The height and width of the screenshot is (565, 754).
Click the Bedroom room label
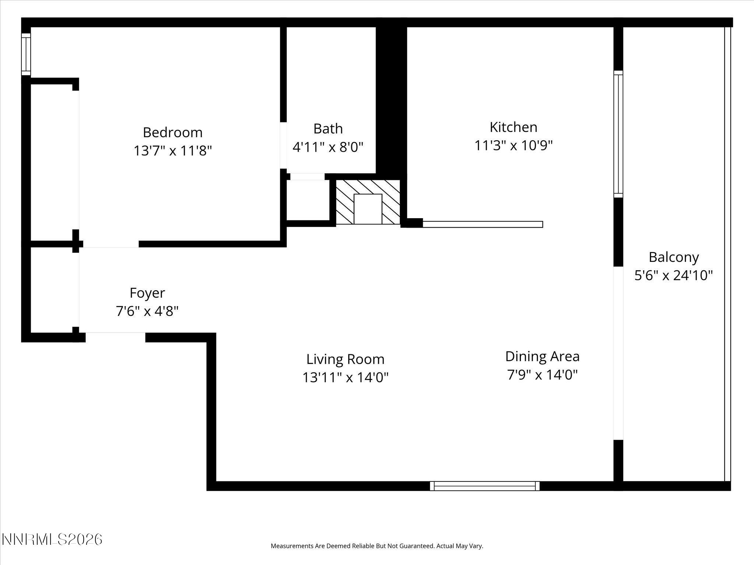[x=172, y=132]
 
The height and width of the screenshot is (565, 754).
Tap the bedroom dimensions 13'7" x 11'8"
[x=172, y=151]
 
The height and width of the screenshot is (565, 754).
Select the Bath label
[x=328, y=129]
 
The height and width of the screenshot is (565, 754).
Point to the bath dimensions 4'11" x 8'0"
[x=328, y=147]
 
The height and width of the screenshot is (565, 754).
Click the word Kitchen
[x=513, y=127]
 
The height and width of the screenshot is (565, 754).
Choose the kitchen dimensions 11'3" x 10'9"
[x=513, y=146]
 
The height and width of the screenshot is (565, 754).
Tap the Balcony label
[x=673, y=257]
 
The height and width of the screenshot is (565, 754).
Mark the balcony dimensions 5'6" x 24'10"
[x=673, y=275]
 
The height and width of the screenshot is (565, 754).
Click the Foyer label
[x=147, y=293]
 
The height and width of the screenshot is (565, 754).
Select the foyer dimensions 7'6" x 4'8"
[x=147, y=312]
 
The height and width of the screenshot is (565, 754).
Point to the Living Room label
[x=345, y=359]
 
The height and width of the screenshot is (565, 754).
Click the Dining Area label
[x=542, y=356]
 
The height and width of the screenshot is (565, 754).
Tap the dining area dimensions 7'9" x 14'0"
[x=542, y=375]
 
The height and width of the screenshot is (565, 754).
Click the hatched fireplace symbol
[x=367, y=202]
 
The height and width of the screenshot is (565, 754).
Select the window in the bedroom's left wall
[x=26, y=54]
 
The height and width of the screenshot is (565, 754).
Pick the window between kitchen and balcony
[x=618, y=134]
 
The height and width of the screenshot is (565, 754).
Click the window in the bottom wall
[x=485, y=486]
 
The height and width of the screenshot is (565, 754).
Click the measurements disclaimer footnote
[x=377, y=546]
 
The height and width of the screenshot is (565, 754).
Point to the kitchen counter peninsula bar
[x=482, y=224]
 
